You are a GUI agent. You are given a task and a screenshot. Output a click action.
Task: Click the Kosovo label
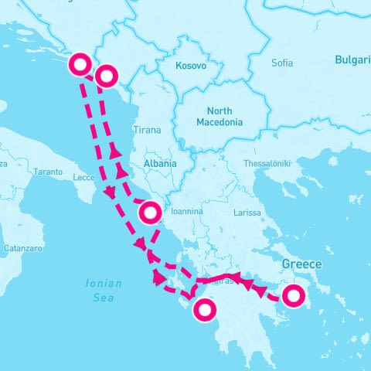click(x=191, y=66)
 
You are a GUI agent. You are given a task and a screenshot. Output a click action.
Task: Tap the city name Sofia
click(x=283, y=63)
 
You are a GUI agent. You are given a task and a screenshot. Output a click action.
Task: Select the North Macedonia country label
click(x=220, y=116)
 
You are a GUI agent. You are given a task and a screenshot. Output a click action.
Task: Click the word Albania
click(x=160, y=164)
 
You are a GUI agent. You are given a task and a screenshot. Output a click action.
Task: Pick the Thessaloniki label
click(x=266, y=164)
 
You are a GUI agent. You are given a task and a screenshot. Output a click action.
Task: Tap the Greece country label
click(x=301, y=264)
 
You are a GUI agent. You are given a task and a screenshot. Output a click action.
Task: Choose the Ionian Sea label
click(x=103, y=290)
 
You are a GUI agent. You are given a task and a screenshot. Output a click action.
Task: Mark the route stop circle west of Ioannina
click(x=151, y=211)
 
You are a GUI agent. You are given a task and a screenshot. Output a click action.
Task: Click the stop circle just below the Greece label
click(x=293, y=295)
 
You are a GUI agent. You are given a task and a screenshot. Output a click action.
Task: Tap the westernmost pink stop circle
click(x=80, y=65)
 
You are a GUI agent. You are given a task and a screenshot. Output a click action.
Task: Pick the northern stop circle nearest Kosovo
click(x=107, y=75)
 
